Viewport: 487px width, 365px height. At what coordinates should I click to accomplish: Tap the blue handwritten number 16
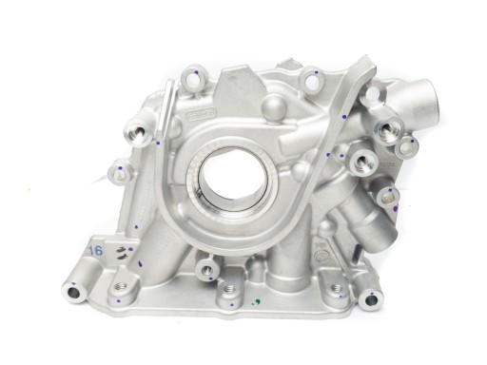pyautogui.click(x=95, y=249)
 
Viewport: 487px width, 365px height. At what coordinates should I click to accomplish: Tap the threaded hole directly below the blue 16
pyautogui.click(x=121, y=285)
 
